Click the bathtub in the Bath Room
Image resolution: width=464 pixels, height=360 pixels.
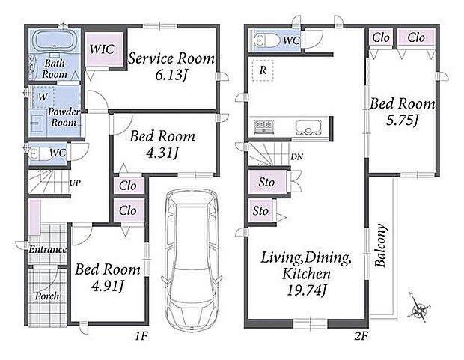pos(55,41)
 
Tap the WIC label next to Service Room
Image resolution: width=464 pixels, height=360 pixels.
pos(102,49)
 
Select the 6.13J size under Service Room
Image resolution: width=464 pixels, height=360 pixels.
pos(171,76)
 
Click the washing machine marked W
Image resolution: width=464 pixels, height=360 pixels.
pos(43,97)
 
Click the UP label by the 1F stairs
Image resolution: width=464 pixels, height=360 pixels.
pos(75,183)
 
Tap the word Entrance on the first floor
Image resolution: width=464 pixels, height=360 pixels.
pos(47,249)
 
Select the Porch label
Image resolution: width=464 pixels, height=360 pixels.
pos(47,296)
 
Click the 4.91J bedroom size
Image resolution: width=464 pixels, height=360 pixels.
pos(108,287)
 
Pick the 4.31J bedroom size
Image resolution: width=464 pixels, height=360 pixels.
pos(162,153)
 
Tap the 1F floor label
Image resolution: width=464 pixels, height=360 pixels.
pos(141,336)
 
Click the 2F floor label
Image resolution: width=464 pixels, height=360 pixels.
pos(361,336)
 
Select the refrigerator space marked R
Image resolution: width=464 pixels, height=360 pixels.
pos(263,70)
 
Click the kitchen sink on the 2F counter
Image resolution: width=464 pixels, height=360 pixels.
pos(308,127)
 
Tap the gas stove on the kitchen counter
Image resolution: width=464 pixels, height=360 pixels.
pos(264,127)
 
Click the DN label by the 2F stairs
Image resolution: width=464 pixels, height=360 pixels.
pos(296,156)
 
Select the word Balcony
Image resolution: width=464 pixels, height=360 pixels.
pos(380,245)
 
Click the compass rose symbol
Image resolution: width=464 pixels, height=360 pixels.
pos(420,310)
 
